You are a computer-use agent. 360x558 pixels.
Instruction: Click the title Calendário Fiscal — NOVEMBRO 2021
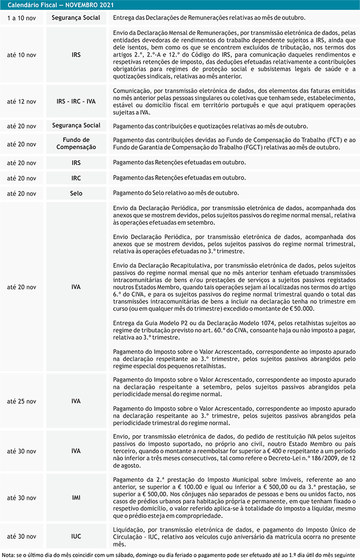[61, 5]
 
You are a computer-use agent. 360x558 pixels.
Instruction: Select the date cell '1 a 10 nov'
[22, 18]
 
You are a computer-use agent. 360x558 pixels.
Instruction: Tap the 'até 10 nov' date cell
[22, 55]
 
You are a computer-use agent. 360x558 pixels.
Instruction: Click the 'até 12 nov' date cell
[22, 101]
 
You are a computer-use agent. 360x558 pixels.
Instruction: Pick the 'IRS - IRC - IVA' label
[76, 101]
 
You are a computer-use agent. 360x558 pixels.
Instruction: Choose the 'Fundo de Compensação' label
[76, 143]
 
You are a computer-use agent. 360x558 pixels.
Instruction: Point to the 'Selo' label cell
[76, 193]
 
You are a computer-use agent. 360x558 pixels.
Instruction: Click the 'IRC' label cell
[76, 178]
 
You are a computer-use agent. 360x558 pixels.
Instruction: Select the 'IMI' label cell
[76, 498]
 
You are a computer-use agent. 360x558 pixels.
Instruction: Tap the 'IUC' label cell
[76, 536]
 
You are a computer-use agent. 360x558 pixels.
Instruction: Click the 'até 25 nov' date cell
[22, 401]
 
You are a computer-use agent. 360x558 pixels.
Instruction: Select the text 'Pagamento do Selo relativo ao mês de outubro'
[175, 193]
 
